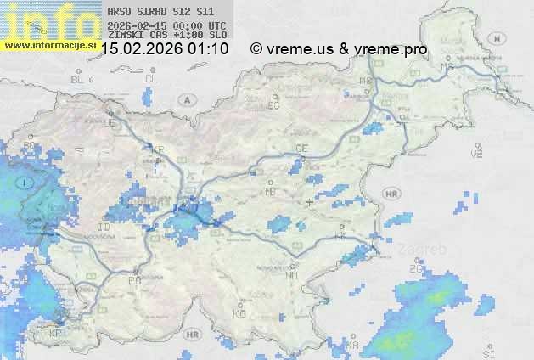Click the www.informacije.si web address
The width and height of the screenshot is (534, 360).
(x=50, y=44)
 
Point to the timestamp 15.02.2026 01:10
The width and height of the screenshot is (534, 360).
(x=165, y=49)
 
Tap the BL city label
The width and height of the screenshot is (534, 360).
(x=79, y=79)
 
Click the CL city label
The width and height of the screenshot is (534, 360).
(x=151, y=78)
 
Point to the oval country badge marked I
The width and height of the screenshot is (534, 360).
(x=26, y=183)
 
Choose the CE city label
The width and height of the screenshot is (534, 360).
(x=301, y=149)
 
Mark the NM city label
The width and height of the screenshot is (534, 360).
(x=292, y=275)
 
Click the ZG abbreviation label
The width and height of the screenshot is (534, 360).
(x=415, y=269)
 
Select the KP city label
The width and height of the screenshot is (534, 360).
(x=56, y=333)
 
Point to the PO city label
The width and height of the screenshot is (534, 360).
(x=133, y=280)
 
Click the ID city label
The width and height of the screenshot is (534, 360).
(x=104, y=228)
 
